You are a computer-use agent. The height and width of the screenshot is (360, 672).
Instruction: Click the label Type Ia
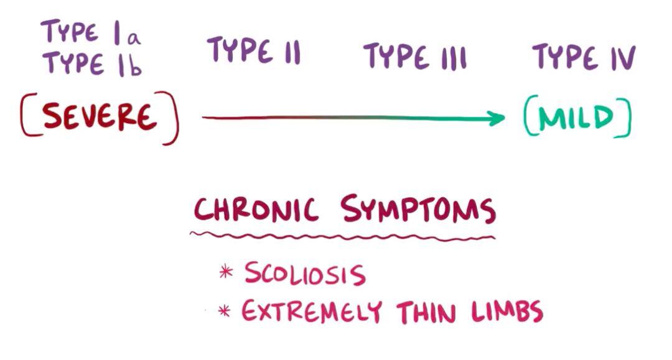click(91, 32)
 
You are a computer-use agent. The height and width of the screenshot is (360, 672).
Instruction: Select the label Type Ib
click(92, 64)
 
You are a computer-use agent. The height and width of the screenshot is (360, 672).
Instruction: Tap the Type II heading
click(254, 50)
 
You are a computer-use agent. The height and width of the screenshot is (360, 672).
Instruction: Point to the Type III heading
click(415, 56)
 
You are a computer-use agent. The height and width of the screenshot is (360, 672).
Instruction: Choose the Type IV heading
click(584, 57)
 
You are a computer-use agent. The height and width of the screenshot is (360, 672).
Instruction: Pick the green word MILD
click(576, 118)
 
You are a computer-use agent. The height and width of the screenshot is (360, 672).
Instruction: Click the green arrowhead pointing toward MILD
click(497, 118)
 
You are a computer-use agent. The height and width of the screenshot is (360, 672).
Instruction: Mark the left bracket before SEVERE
click(28, 115)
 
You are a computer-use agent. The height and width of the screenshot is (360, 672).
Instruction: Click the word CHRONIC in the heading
click(256, 210)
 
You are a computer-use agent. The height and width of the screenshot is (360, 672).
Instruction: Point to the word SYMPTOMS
click(418, 209)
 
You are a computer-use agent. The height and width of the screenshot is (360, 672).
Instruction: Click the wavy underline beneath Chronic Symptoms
click(343, 236)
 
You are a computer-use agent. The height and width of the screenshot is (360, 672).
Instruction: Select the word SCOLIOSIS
click(305, 273)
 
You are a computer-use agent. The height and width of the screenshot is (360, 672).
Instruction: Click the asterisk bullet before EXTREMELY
click(224, 310)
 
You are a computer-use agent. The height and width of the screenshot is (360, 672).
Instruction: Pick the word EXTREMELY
click(312, 311)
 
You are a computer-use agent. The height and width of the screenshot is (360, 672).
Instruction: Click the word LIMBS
click(508, 312)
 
